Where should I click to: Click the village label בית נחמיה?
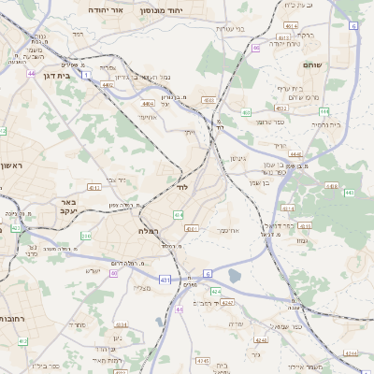coord(324,124)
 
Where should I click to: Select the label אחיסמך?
coord(229,229)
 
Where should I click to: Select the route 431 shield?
coord(165,279)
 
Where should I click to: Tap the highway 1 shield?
coord(86,73)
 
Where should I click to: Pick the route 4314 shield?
coord(288,209)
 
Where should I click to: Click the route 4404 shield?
coord(147,104)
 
